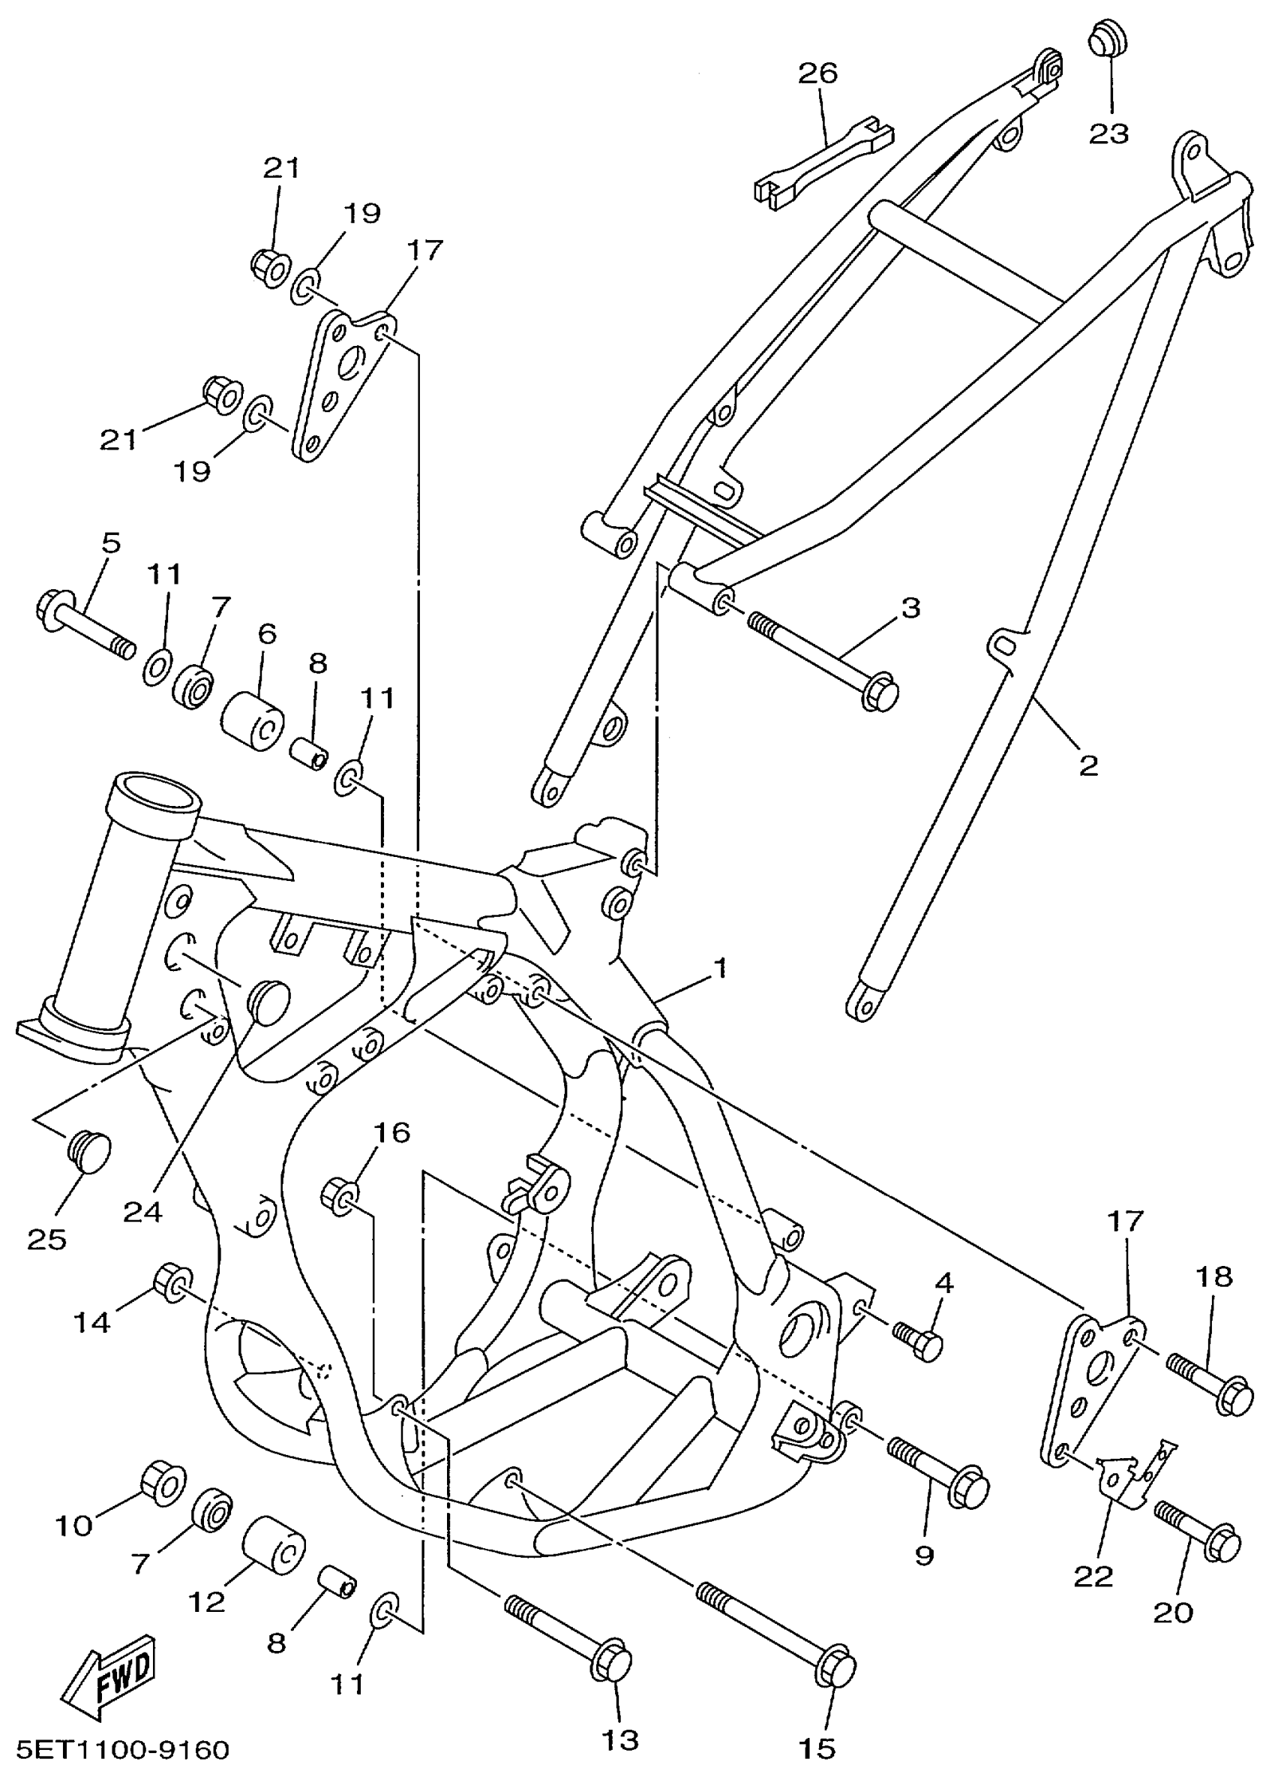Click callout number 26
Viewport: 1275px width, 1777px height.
pos(817,73)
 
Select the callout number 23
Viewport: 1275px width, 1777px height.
pos(1108,133)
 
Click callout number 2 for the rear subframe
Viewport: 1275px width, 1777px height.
pos(1088,765)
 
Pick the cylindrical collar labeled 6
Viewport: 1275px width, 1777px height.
pos(252,719)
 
